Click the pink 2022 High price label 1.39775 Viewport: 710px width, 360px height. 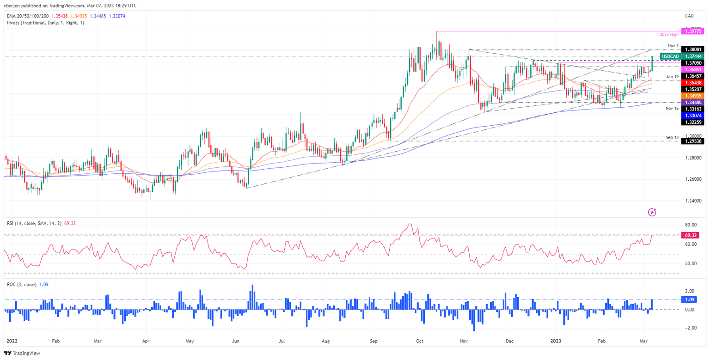(x=694, y=31)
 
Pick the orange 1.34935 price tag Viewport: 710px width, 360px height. (x=694, y=95)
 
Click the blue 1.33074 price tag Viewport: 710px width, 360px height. (x=694, y=115)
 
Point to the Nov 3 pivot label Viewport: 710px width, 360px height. (x=673, y=46)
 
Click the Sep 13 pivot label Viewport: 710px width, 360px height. (x=672, y=137)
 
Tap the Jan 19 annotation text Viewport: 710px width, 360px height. (x=672, y=76)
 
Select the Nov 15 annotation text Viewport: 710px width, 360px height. (x=672, y=108)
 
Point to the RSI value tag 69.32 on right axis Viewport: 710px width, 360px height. (x=694, y=235)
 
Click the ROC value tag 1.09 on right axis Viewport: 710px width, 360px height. (x=694, y=299)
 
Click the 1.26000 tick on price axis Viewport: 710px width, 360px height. (x=694, y=179)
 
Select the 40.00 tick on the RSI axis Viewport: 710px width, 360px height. (x=691, y=263)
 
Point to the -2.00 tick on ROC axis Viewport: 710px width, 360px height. (x=690, y=328)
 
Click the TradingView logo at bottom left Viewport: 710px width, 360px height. (x=23, y=353)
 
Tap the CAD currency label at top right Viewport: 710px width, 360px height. (x=689, y=16)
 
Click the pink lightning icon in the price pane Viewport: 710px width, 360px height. (x=652, y=212)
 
